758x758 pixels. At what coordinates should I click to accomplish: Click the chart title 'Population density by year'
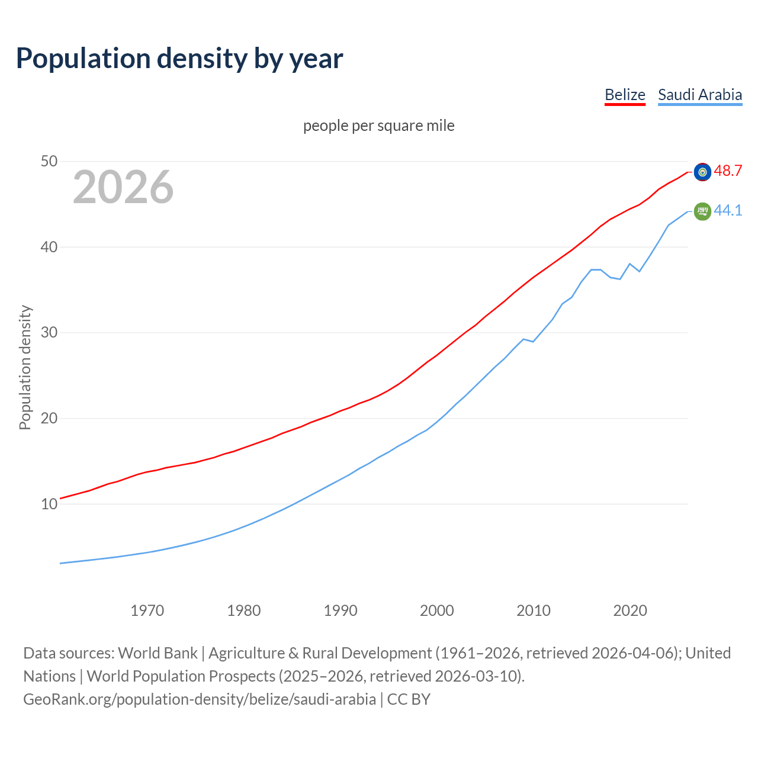179,58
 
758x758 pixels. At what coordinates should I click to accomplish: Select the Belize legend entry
625,95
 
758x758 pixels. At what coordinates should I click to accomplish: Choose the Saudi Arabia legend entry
700,95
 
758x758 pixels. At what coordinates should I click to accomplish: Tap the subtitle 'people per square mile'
379,126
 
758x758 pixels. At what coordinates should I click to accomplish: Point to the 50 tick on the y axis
49,161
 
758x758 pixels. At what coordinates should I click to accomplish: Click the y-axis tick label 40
49,247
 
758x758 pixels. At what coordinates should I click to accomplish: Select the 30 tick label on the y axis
49,333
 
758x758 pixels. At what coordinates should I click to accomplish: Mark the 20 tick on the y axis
49,419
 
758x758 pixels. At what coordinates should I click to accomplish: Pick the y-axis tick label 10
49,505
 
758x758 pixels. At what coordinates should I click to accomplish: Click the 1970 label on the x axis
147,611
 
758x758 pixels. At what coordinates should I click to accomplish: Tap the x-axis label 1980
244,611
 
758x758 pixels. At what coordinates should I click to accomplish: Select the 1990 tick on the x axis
341,611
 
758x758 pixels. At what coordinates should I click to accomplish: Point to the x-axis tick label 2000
437,611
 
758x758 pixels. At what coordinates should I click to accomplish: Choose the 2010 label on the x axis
534,611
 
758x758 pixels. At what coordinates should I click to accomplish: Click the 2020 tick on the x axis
630,611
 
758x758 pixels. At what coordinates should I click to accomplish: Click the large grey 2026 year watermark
123,187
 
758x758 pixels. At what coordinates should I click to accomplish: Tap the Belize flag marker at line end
702,172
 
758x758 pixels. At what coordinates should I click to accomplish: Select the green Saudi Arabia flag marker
702,211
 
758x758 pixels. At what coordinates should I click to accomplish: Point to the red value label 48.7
728,171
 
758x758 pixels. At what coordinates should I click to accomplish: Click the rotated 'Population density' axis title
25,367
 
